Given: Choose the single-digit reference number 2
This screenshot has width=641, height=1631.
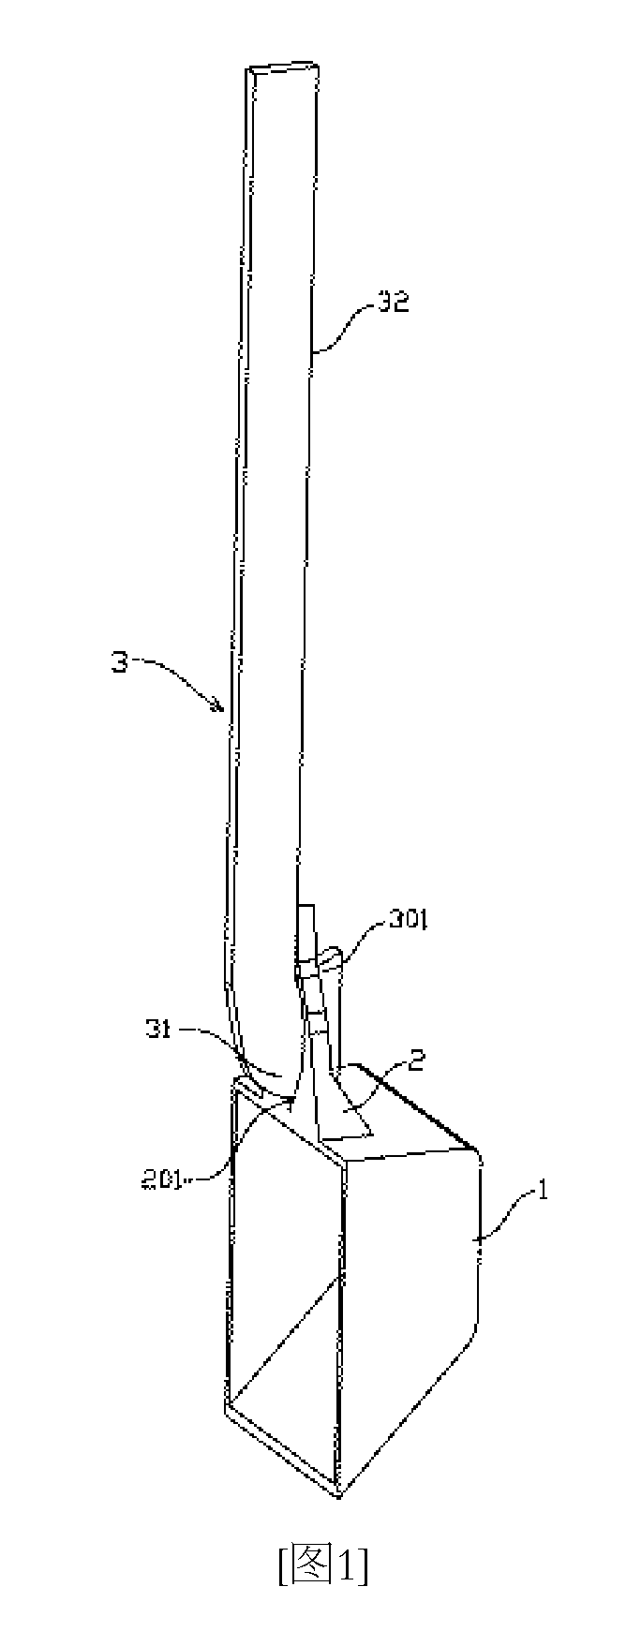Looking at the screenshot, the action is click(x=419, y=1061).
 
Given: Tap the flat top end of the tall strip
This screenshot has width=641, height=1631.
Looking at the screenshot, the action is click(x=285, y=69).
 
